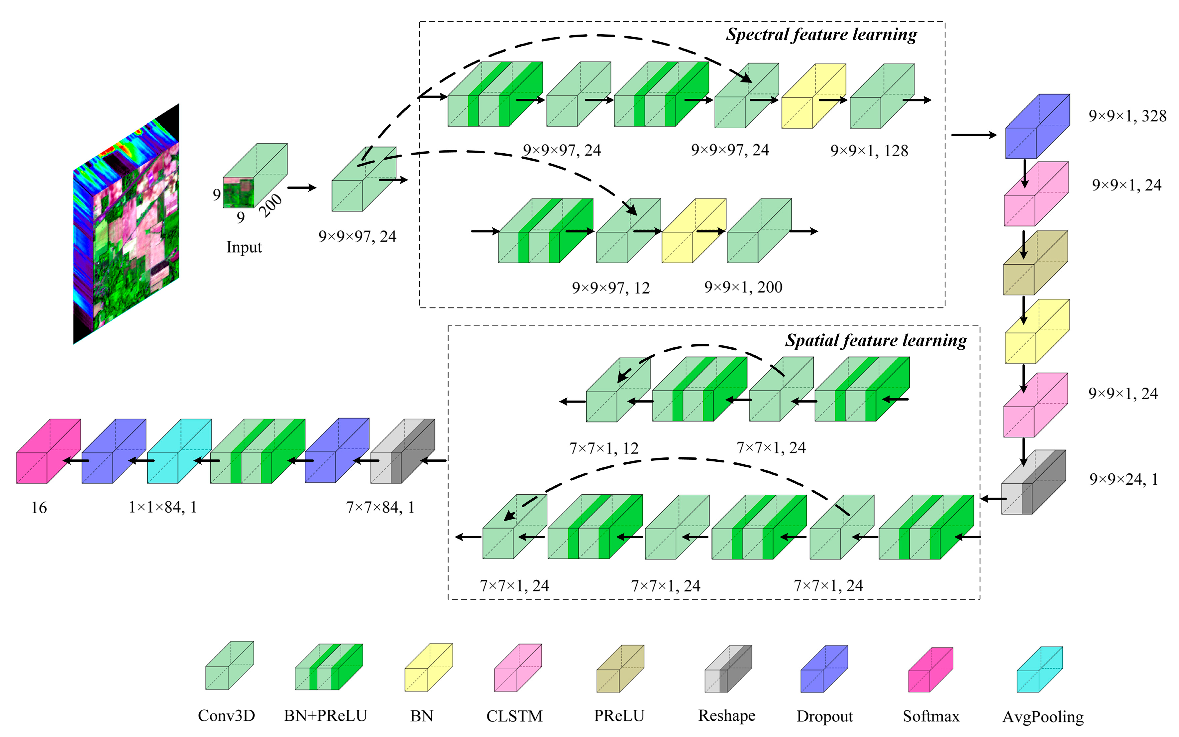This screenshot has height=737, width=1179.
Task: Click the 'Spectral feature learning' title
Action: click(821, 35)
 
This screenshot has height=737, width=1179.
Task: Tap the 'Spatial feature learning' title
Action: click(876, 340)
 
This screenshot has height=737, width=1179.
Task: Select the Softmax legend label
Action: click(930, 716)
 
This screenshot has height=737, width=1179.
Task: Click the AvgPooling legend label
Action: click(1042, 716)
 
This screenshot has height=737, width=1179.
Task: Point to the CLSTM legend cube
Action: click(517, 668)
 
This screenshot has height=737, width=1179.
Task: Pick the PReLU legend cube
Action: click(620, 669)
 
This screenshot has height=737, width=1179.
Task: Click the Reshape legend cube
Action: click(728, 669)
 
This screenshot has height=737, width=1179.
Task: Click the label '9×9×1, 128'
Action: click(869, 151)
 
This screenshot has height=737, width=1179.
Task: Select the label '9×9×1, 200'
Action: click(743, 287)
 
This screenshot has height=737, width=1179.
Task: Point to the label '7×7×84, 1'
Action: click(380, 507)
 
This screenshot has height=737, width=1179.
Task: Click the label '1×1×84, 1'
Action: click(163, 507)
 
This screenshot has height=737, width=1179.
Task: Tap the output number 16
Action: click(39, 508)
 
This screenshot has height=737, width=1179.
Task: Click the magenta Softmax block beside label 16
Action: click(48, 451)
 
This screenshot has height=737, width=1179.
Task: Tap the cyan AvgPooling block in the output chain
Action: click(179, 451)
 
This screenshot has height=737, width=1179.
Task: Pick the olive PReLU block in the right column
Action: click(1035, 263)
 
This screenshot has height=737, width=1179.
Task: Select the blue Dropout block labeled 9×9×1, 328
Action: click(1037, 127)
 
